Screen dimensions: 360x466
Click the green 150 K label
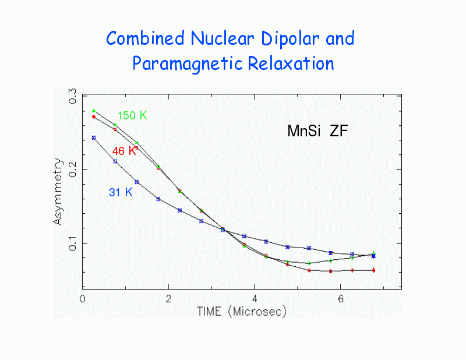(x=132, y=115)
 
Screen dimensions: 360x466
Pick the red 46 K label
(x=124, y=151)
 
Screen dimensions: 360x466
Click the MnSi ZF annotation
(x=317, y=131)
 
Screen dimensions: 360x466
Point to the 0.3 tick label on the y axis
(x=72, y=97)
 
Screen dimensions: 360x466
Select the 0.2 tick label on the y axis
(x=72, y=170)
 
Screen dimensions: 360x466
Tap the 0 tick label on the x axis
(x=83, y=298)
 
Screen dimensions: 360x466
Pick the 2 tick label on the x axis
(x=168, y=298)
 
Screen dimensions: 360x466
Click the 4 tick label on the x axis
(x=254, y=298)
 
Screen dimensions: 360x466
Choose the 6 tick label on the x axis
(x=340, y=298)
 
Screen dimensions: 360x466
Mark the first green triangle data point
(x=94, y=110)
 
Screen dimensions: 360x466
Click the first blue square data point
(x=94, y=138)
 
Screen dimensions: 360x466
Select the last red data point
(x=373, y=270)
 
